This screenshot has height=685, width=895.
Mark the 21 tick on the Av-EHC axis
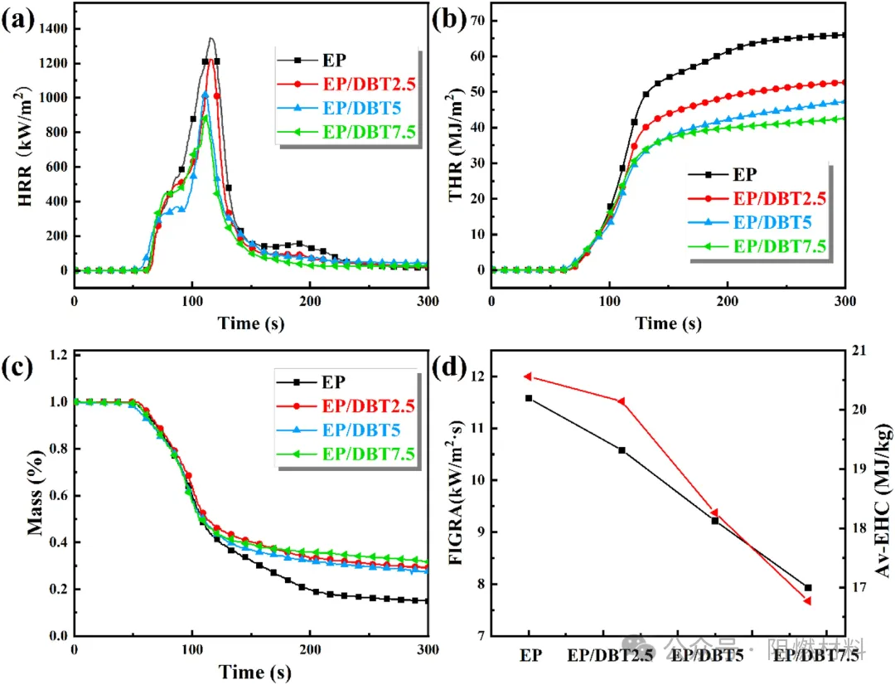click(856, 351)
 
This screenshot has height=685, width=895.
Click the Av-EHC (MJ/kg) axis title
click(878, 498)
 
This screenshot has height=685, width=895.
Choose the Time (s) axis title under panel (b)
click(668, 323)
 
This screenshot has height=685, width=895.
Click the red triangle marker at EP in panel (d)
click(528, 377)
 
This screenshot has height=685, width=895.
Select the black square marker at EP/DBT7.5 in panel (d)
click(808, 588)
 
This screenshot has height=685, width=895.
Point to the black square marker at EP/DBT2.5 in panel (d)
click(622, 450)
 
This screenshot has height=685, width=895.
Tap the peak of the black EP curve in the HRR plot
click(210, 38)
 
